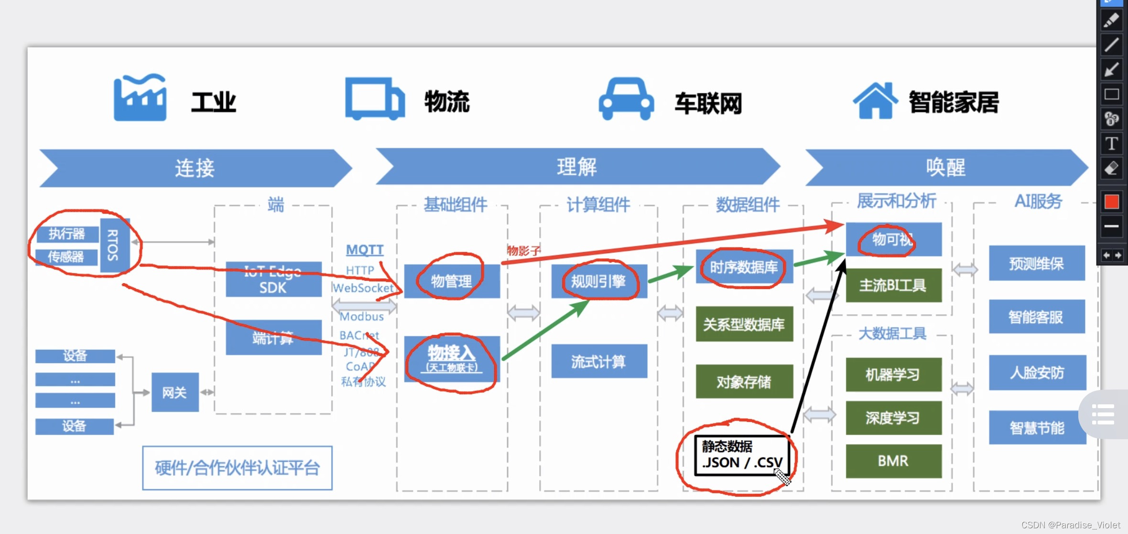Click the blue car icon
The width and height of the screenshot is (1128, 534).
(626, 99)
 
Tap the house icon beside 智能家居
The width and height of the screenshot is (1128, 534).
(875, 100)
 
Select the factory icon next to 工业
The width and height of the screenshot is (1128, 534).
(140, 98)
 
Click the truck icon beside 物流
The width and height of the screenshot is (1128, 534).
(375, 99)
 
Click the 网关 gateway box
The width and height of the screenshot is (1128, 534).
(175, 392)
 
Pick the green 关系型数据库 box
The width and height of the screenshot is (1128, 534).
(744, 324)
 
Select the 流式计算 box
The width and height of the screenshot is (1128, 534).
(599, 361)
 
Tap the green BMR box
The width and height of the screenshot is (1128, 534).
(893, 461)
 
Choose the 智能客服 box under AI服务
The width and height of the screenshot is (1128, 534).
(1036, 317)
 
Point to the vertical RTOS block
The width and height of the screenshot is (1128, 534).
(114, 245)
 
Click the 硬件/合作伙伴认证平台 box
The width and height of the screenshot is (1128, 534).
(237, 468)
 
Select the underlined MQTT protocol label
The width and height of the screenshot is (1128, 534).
(365, 250)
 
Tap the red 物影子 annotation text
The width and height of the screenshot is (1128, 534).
(524, 251)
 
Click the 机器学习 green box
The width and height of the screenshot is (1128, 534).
(893, 374)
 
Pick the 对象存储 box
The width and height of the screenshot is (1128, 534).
(744, 381)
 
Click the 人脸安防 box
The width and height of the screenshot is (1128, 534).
(1037, 372)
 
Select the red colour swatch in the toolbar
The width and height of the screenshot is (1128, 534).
(1111, 202)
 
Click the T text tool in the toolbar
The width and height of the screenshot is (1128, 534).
(1111, 144)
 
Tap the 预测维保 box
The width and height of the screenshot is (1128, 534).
(1036, 263)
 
